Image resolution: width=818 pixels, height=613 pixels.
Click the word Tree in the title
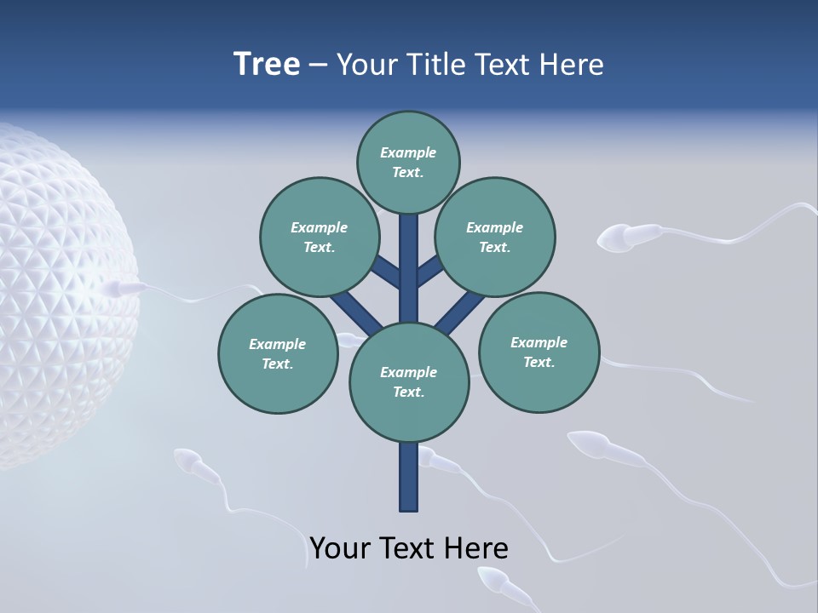pos(267,65)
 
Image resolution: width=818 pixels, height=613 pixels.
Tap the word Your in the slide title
pos(366,65)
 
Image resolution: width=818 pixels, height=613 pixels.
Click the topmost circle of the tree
pos(408,162)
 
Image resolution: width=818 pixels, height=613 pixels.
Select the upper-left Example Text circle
pos(319,237)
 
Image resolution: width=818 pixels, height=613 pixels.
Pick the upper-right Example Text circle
pos(495,237)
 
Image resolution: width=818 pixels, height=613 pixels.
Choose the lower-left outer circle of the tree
pos(278,353)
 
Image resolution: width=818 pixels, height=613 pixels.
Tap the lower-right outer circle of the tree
pos(539,351)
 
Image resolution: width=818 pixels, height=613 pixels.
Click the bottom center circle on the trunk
pos(409,381)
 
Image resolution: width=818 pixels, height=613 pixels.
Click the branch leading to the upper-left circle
pos(384,272)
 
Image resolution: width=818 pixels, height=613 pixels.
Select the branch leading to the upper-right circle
pos(430,270)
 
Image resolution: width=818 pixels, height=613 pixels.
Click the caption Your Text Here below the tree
pos(409,548)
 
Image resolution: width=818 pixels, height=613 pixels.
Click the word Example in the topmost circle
pos(408,152)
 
